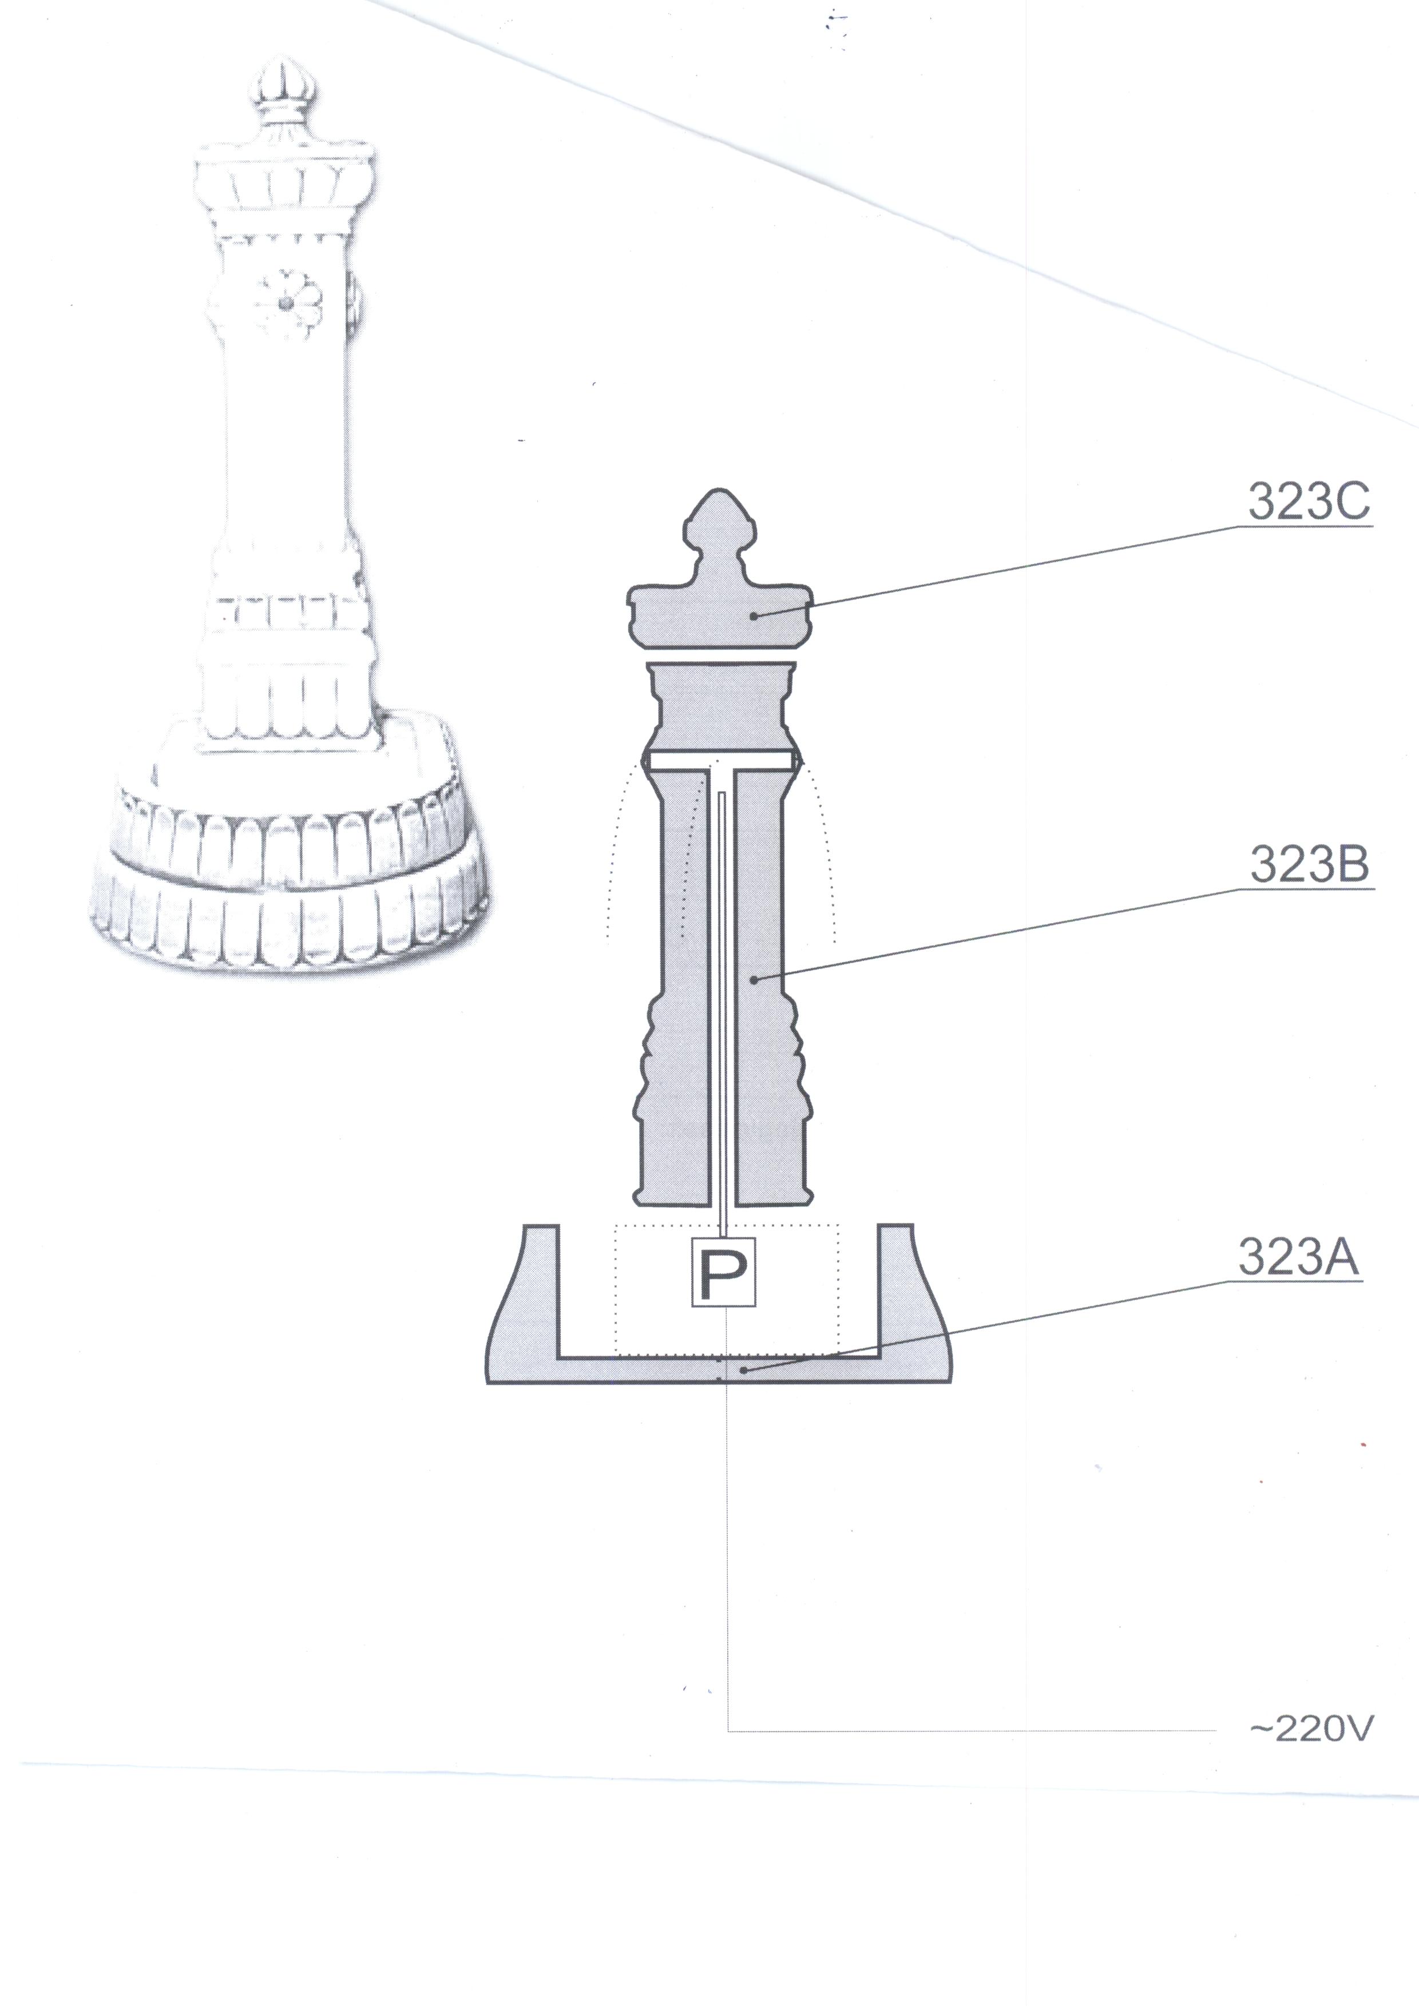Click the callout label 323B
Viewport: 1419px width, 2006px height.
(1308, 864)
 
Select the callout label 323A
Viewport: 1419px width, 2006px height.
(1298, 1258)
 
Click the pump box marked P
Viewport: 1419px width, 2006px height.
(723, 1273)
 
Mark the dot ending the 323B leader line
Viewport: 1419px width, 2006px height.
(754, 979)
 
